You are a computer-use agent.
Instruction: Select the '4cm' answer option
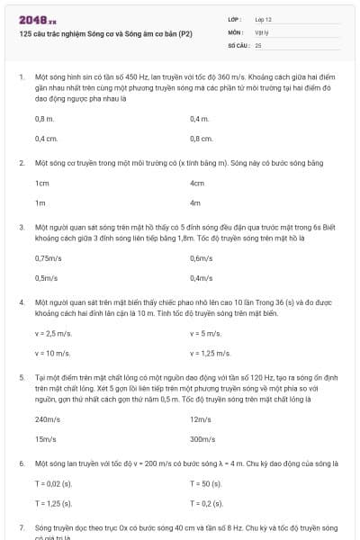coord(198,183)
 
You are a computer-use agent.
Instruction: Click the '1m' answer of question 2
coord(40,202)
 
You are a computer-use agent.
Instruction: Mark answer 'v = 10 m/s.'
coord(52,353)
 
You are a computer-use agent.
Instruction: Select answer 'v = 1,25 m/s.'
coord(211,353)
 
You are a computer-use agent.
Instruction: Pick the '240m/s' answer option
coord(47,419)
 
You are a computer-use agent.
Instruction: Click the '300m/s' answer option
coord(202,439)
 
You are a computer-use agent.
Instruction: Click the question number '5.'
coord(22,378)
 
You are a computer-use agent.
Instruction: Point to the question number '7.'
coord(22,525)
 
